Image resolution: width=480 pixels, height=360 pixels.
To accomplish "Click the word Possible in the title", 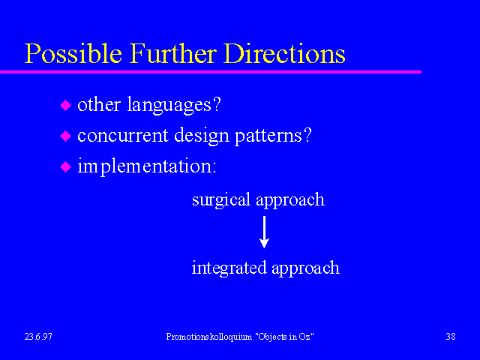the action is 73,53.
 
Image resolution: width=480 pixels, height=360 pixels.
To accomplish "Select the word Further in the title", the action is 172,53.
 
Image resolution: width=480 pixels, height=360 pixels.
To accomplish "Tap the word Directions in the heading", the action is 284,53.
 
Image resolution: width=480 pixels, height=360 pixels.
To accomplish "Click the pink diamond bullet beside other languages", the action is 65,105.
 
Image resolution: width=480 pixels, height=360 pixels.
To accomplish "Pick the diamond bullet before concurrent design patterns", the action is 65,136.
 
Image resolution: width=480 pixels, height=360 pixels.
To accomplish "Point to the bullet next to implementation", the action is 65,166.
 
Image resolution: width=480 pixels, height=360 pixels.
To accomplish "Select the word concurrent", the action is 123,136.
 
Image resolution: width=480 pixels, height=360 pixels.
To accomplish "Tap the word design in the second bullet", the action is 202,136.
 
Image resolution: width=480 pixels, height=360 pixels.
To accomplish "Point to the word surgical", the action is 221,200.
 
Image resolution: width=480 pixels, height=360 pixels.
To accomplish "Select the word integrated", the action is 229,268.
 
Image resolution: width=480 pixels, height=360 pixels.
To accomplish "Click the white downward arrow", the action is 264,232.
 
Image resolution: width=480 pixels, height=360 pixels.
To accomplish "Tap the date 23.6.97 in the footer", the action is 38,337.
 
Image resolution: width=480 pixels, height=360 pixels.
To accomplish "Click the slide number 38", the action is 451,337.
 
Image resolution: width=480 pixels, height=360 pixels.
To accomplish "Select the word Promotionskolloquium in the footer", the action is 209,337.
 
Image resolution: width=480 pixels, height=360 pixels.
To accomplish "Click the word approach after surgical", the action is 290,200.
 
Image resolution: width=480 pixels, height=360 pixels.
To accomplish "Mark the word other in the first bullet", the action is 99,104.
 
